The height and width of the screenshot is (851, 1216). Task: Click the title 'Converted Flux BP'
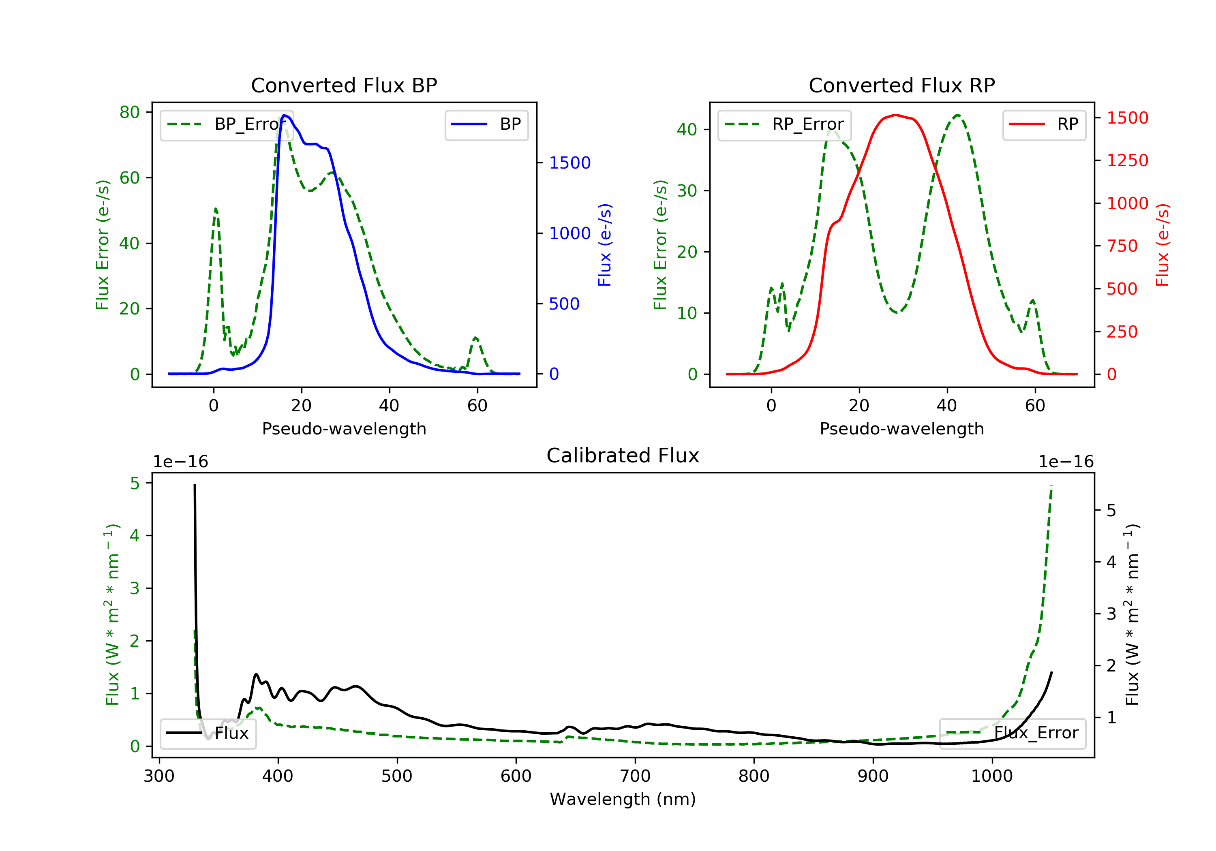click(344, 85)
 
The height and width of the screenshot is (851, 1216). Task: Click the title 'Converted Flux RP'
click(901, 85)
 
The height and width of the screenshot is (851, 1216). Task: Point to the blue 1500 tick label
click(569, 163)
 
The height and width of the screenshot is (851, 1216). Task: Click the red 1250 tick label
click(1127, 160)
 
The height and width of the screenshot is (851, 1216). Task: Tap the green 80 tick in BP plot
click(129, 112)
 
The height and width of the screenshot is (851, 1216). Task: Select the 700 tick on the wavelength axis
click(634, 776)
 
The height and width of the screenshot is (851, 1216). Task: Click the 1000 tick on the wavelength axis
click(991, 776)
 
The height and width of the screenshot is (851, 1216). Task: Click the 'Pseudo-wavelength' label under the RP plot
click(901, 429)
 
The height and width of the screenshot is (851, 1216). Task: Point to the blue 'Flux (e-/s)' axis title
click(605, 245)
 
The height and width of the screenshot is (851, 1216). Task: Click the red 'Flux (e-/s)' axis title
click(1162, 245)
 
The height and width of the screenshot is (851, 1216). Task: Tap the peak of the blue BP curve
click(285, 115)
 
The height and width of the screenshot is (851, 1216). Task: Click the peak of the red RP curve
click(895, 115)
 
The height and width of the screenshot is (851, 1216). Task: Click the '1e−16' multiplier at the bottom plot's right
click(1066, 462)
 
